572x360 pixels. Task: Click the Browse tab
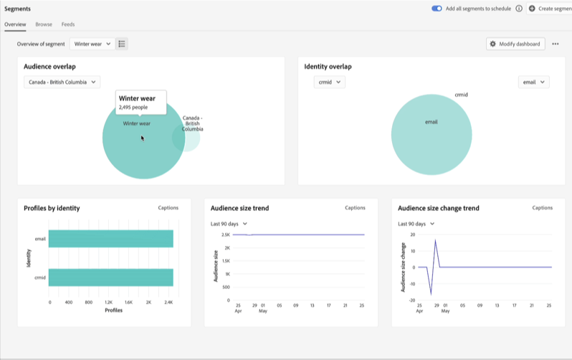[x=44, y=24]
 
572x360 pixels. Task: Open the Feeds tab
[x=68, y=24]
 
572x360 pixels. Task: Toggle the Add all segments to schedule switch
[x=437, y=8]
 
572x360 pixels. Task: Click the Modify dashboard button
[x=515, y=44]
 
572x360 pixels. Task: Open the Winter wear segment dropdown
[x=92, y=44]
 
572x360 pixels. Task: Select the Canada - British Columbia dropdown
[x=62, y=82]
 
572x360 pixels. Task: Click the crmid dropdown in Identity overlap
[x=330, y=82]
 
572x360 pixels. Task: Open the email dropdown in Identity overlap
[x=533, y=82]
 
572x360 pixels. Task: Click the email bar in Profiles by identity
[x=111, y=239]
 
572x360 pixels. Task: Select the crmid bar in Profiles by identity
[x=111, y=278]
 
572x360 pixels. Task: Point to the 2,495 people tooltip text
[x=133, y=108]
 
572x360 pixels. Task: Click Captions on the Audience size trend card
[x=355, y=208]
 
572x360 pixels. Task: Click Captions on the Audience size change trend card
[x=542, y=208]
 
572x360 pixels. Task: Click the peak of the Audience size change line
[x=435, y=240]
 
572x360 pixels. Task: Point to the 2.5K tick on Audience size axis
[x=225, y=235]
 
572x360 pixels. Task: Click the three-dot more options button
[x=556, y=44]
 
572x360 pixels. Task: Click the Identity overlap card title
[x=328, y=67]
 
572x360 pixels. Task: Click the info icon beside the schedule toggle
[x=519, y=8]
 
